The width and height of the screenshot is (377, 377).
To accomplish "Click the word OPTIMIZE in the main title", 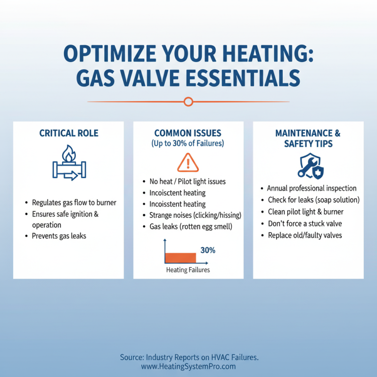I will (x=107, y=54).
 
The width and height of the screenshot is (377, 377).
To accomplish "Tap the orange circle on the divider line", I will (x=188, y=101).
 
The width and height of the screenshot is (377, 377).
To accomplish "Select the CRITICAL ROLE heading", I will (x=69, y=133).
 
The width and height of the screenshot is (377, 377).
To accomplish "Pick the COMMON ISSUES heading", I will (x=188, y=133).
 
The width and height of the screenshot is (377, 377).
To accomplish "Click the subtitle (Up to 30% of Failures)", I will (x=188, y=143).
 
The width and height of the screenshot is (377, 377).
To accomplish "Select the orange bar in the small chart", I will (x=180, y=257).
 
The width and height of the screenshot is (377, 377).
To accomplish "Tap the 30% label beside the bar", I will (x=208, y=250).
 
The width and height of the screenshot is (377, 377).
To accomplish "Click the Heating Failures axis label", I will (x=188, y=270).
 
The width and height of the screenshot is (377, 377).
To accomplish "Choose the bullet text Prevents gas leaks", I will (x=59, y=236).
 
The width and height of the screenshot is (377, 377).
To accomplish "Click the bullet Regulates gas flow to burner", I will (x=74, y=203).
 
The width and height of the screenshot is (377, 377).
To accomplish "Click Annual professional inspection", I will (x=312, y=188).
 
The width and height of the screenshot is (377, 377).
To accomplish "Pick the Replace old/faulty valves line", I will (x=305, y=235).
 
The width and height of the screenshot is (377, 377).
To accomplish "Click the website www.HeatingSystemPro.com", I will (x=188, y=366).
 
